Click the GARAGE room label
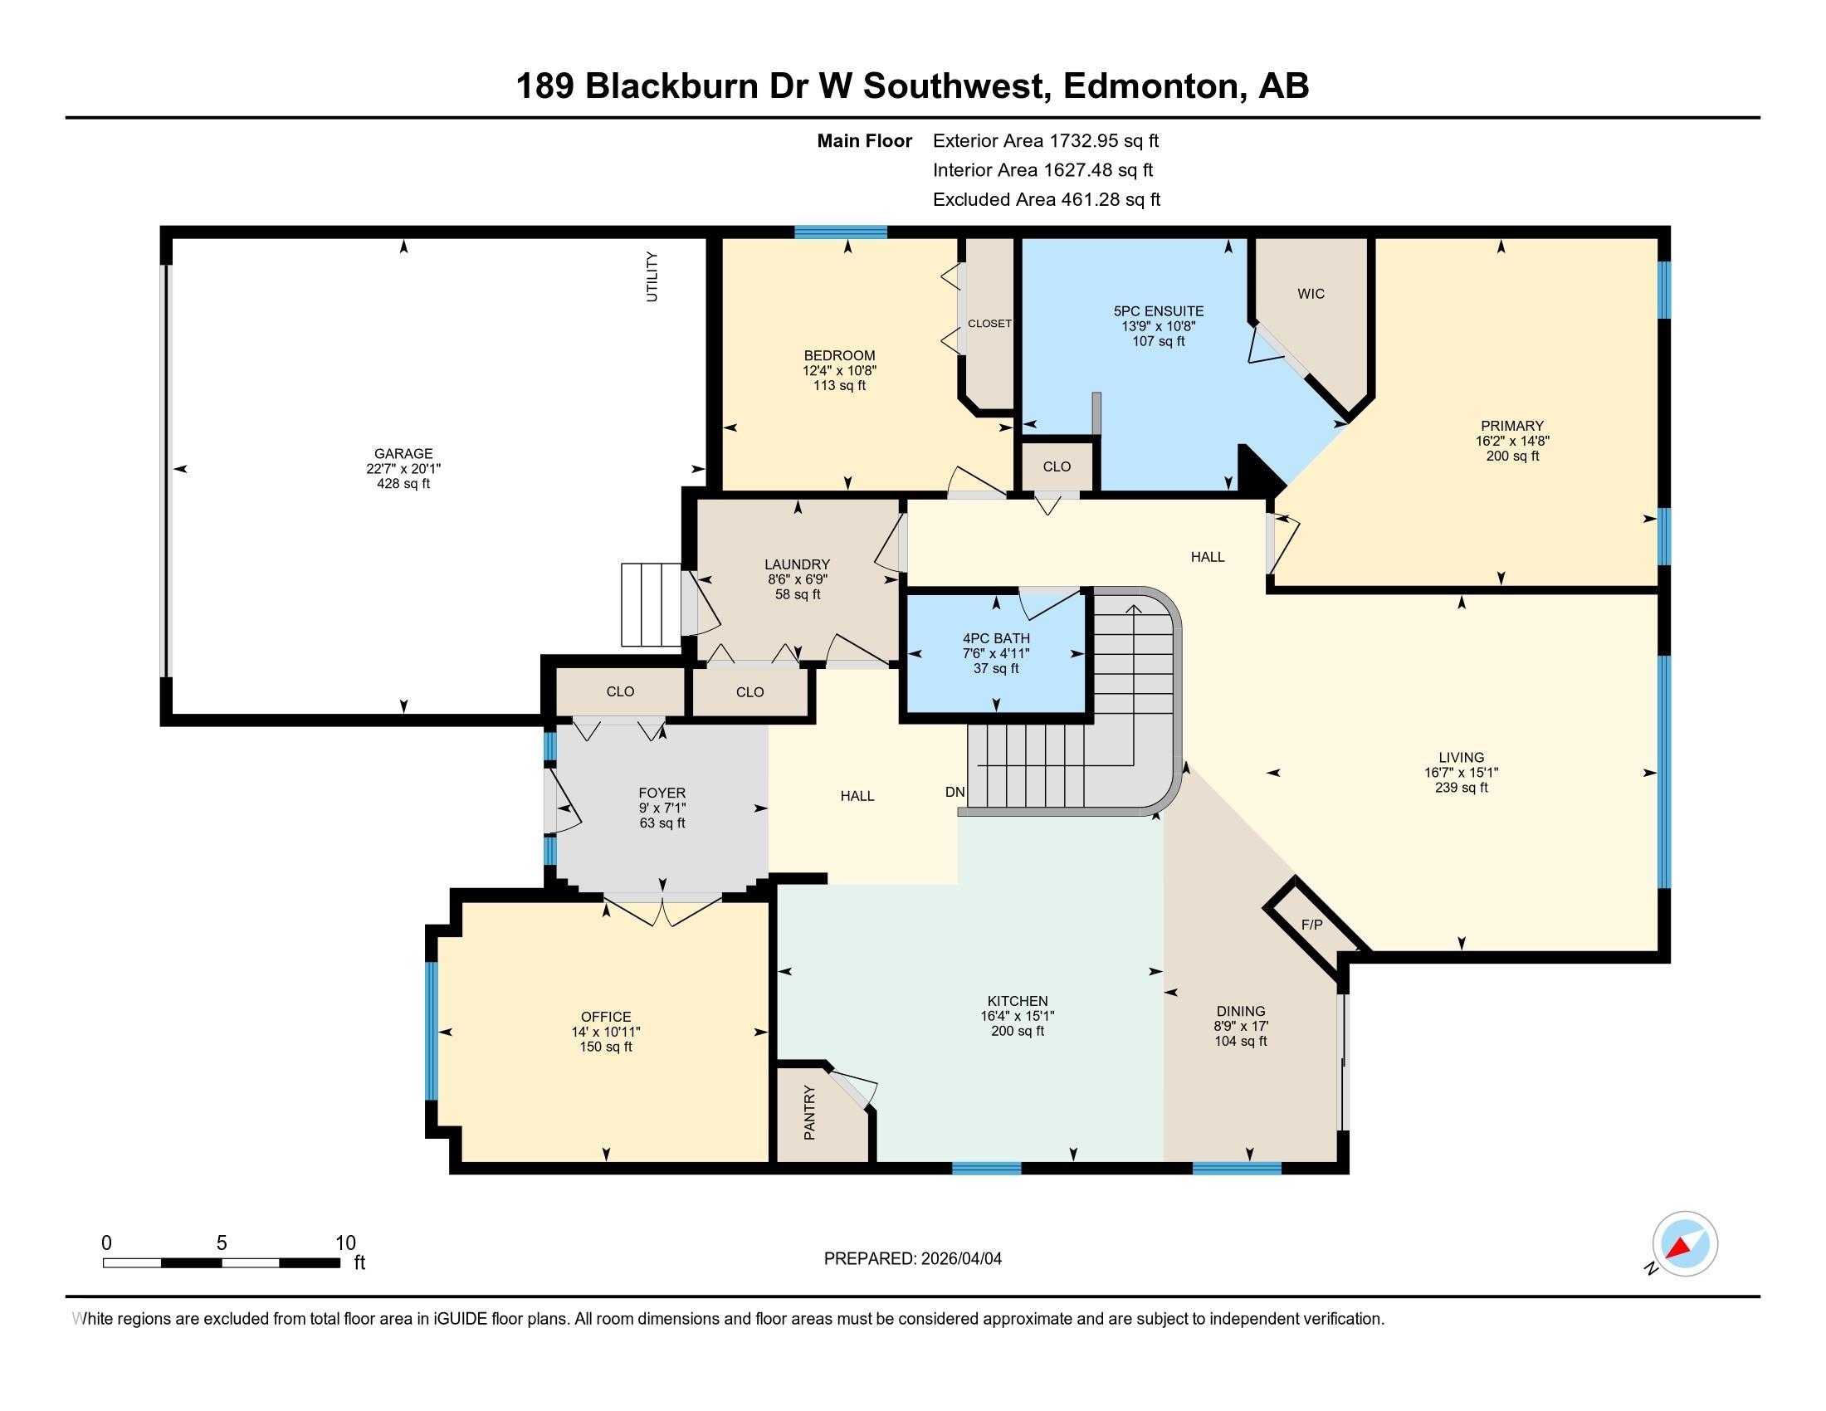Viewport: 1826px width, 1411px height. point(403,454)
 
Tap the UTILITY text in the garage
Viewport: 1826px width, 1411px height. point(652,276)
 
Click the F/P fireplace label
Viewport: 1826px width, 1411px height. point(1311,925)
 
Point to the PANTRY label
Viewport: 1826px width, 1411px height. point(809,1112)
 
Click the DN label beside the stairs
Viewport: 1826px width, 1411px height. point(954,792)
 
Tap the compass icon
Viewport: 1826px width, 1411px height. point(1684,1244)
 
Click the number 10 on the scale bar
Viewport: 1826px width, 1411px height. point(345,1243)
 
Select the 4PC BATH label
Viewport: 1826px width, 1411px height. point(996,638)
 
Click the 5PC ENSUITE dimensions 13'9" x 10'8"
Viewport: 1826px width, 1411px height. point(1158,326)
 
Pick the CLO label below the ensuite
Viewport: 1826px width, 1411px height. point(1057,466)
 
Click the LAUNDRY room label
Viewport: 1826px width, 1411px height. point(797,564)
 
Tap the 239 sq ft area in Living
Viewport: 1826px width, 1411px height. point(1462,788)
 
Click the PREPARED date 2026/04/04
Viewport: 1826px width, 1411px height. point(959,1259)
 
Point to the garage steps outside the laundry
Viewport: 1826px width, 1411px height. point(651,604)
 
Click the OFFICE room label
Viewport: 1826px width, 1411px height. point(606,1017)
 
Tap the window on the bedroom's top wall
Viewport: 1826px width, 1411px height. point(840,232)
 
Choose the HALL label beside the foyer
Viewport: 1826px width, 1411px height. point(857,796)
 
